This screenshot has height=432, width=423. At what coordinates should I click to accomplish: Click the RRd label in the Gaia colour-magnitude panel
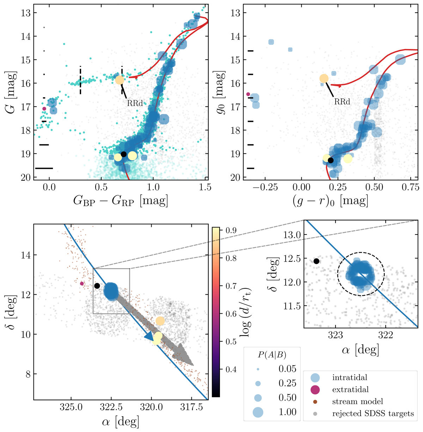135,104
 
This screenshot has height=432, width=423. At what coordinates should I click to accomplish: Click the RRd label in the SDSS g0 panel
342,102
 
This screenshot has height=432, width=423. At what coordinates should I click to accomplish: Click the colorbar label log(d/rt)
245,310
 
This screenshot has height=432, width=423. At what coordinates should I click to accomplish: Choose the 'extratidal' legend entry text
350,389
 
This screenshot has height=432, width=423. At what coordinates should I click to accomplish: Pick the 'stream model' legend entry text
357,401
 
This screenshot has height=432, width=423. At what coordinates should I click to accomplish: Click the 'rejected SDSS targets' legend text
373,413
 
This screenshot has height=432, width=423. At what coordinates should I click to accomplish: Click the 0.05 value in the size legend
287,369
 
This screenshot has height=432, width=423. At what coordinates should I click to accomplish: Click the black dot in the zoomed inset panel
316,261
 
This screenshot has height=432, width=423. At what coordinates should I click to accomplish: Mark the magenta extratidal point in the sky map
82,283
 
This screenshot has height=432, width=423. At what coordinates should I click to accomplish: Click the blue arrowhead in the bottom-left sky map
149,336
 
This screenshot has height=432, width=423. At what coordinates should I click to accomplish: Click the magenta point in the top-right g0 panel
248,94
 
